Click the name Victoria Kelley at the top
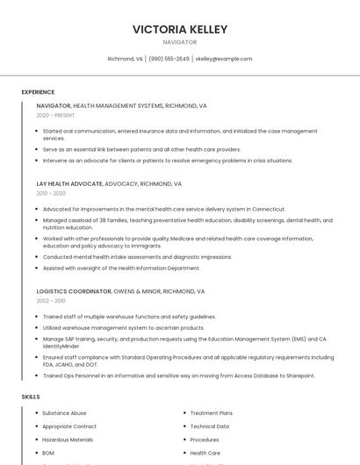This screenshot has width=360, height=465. click(180, 29)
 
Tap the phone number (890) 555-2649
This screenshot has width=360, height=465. click(169, 59)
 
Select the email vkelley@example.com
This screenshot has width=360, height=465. click(223, 59)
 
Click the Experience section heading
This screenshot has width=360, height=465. click(38, 92)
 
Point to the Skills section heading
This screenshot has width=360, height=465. click(31, 397)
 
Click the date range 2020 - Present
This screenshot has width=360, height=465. click(55, 115)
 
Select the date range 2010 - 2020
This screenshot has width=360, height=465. click(51, 193)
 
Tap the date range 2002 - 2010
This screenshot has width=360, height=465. click(51, 300)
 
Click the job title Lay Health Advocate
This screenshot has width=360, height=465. click(69, 184)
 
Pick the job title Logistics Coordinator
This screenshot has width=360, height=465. click(74, 290)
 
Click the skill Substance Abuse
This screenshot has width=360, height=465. click(64, 412)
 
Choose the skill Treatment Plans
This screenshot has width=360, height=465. click(211, 412)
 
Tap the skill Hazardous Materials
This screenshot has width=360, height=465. click(68, 440)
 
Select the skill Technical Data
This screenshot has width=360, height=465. click(209, 426)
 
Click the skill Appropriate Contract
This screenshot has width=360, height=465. click(69, 426)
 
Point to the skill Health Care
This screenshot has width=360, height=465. click(205, 453)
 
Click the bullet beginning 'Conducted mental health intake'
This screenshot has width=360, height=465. click(137, 257)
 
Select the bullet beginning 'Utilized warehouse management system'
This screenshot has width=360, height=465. click(123, 327)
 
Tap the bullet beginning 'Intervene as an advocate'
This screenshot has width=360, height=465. click(167, 161)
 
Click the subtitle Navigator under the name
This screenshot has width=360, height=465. click(180, 42)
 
